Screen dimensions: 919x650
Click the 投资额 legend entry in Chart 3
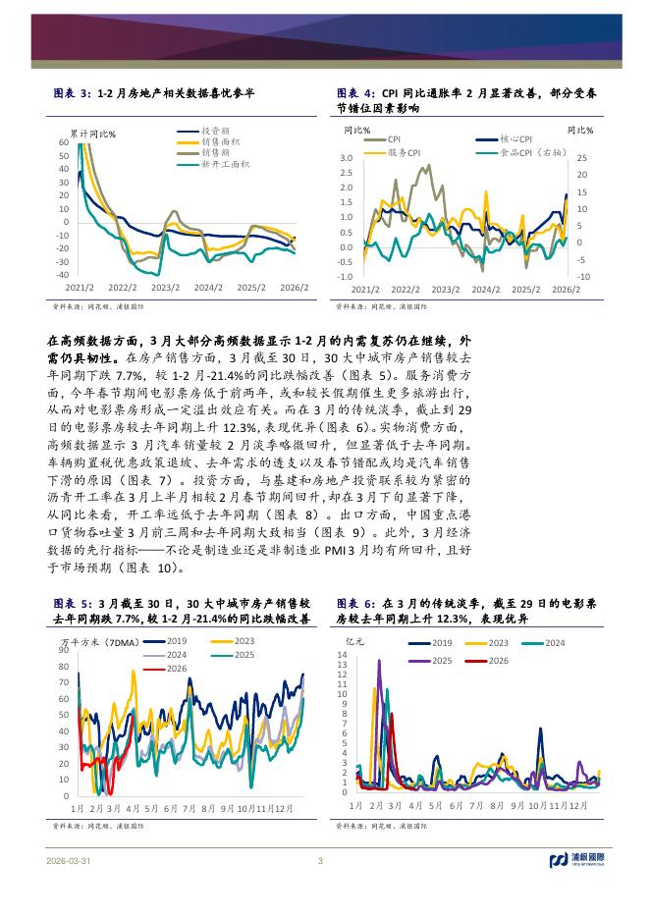[x=215, y=131]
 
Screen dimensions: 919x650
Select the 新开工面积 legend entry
[x=225, y=164]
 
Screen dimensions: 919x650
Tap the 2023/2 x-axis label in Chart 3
[x=164, y=289]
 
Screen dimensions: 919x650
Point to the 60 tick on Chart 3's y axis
[x=62, y=142]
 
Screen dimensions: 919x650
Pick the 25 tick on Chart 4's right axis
[x=580, y=158]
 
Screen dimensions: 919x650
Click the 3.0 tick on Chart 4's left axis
[x=346, y=158]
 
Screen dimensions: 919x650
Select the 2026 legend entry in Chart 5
[x=176, y=668]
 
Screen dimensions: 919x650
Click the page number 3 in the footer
[x=320, y=861]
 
